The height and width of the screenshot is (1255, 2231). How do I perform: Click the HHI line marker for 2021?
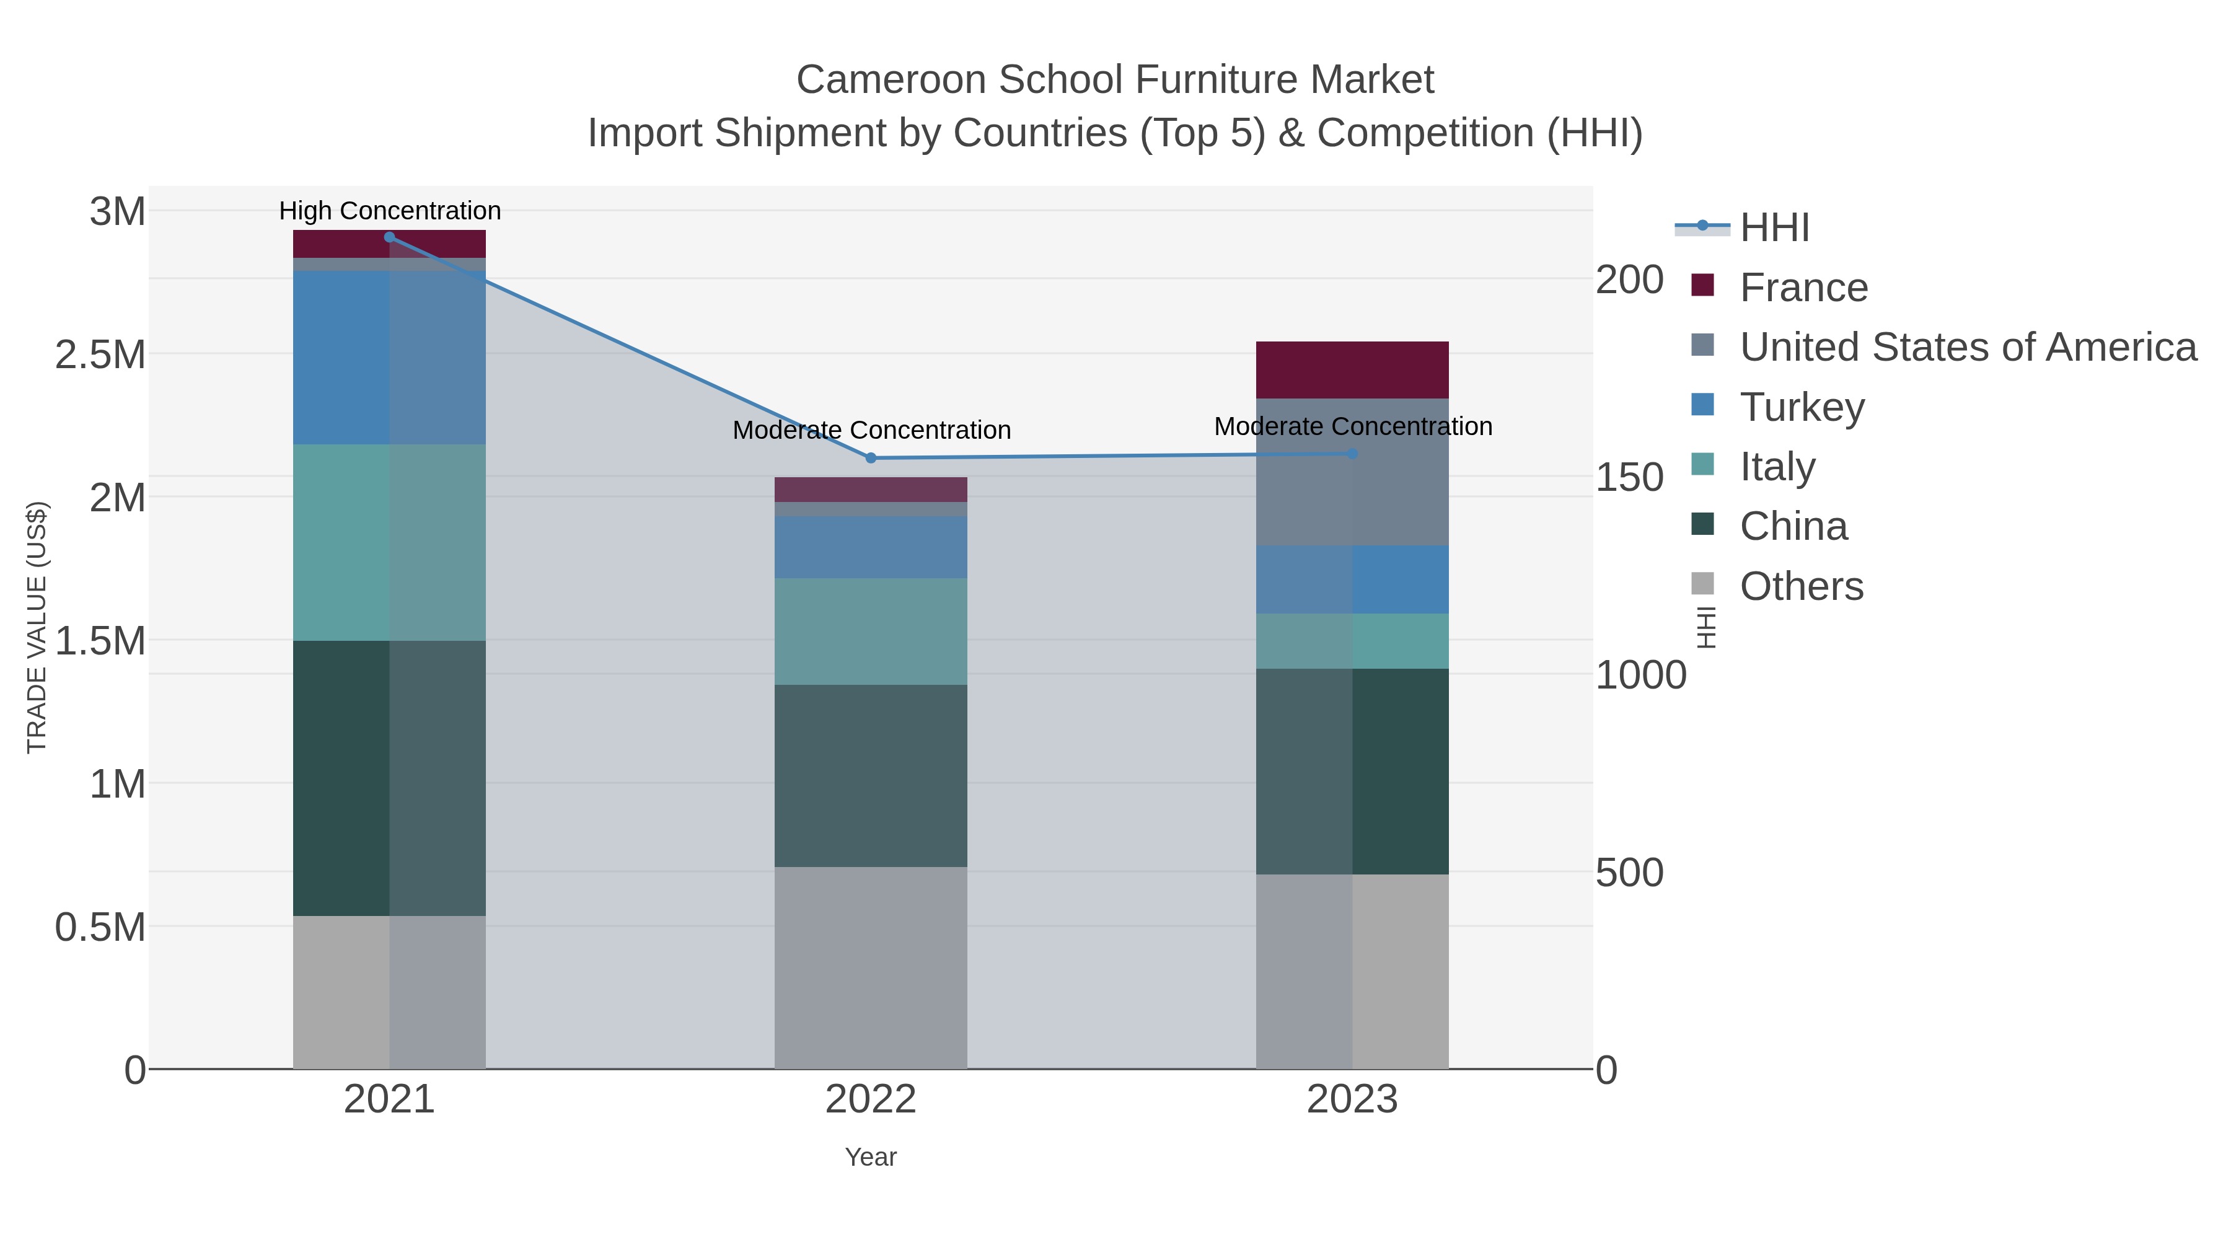coord(390,237)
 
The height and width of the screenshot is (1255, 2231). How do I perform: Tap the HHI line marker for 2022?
coord(871,458)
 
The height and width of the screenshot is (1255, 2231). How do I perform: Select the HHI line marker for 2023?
coord(1352,454)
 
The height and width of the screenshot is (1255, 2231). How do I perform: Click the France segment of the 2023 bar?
coord(1352,370)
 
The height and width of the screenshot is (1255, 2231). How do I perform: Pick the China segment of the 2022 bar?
coord(871,775)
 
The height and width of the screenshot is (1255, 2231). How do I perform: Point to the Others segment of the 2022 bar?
coord(871,967)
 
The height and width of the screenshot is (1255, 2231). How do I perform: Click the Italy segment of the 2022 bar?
coord(871,632)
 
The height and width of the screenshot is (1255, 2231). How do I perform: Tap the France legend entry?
coord(1803,288)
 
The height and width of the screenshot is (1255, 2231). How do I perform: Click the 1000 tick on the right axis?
coord(1640,675)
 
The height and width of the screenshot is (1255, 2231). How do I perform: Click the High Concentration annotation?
coord(390,211)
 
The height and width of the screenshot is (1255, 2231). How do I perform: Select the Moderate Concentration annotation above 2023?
coord(1353,426)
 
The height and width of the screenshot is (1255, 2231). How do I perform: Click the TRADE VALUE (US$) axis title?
coord(37,627)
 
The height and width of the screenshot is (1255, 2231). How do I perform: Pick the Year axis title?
coord(871,1157)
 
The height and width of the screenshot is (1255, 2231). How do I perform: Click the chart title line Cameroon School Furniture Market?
coord(1115,80)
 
